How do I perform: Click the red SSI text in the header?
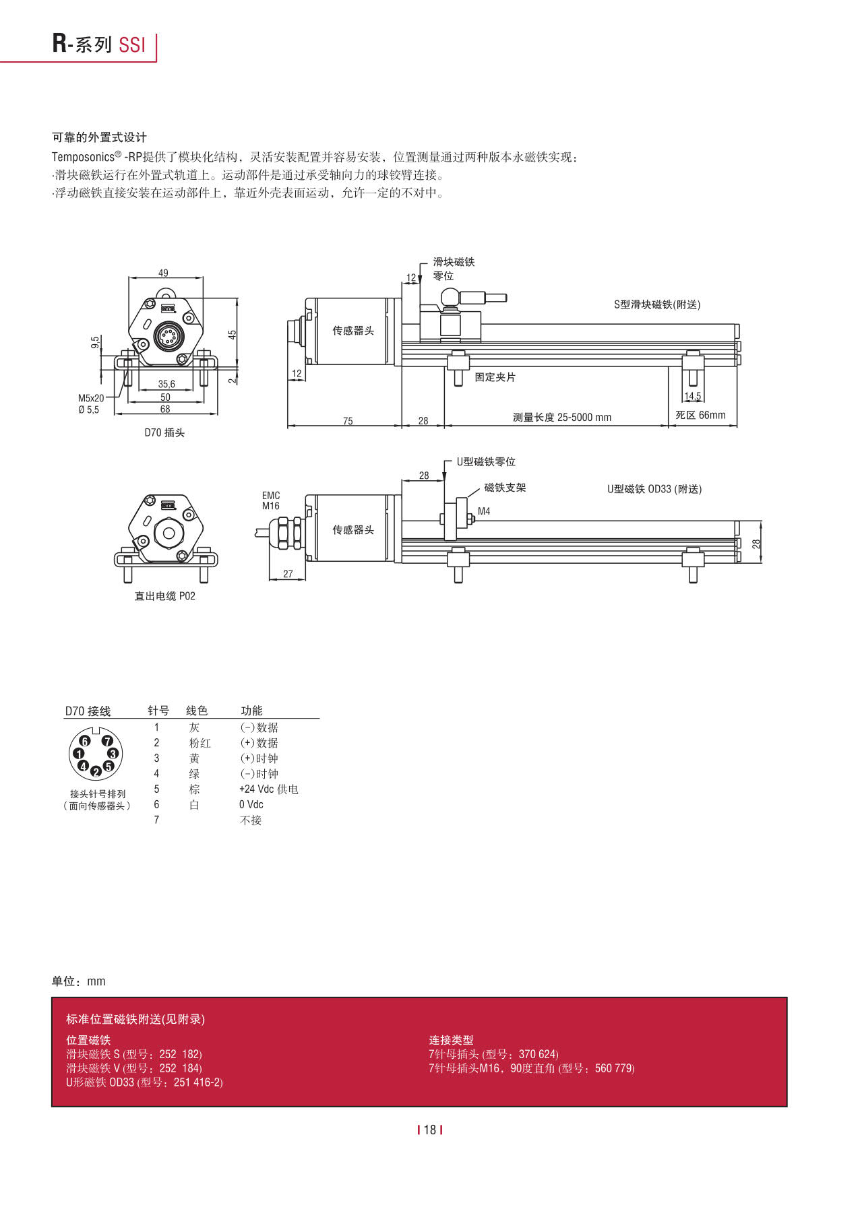coord(131,44)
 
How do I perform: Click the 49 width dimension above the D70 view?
coord(163,273)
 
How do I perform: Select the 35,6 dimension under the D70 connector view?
coord(166,384)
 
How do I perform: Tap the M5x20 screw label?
coord(91,398)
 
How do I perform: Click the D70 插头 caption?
coord(164,432)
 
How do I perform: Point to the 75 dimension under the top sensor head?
coord(348,421)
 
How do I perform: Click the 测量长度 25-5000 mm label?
coord(561,417)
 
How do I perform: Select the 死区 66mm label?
coord(700,415)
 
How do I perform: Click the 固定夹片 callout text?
coord(495,377)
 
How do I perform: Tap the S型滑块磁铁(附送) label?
coord(656,304)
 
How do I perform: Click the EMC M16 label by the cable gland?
coord(271,500)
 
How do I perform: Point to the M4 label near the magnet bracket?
coord(484,511)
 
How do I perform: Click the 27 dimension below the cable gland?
coord(288,574)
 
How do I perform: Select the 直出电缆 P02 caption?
coord(164,596)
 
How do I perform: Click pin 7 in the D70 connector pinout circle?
coord(106,741)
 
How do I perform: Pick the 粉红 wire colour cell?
coord(199,743)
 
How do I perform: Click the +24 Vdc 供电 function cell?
coord(268,789)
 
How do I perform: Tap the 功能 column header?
coord(251,711)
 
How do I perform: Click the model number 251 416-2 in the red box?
coord(198,1082)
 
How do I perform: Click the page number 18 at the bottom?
coord(430,1130)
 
